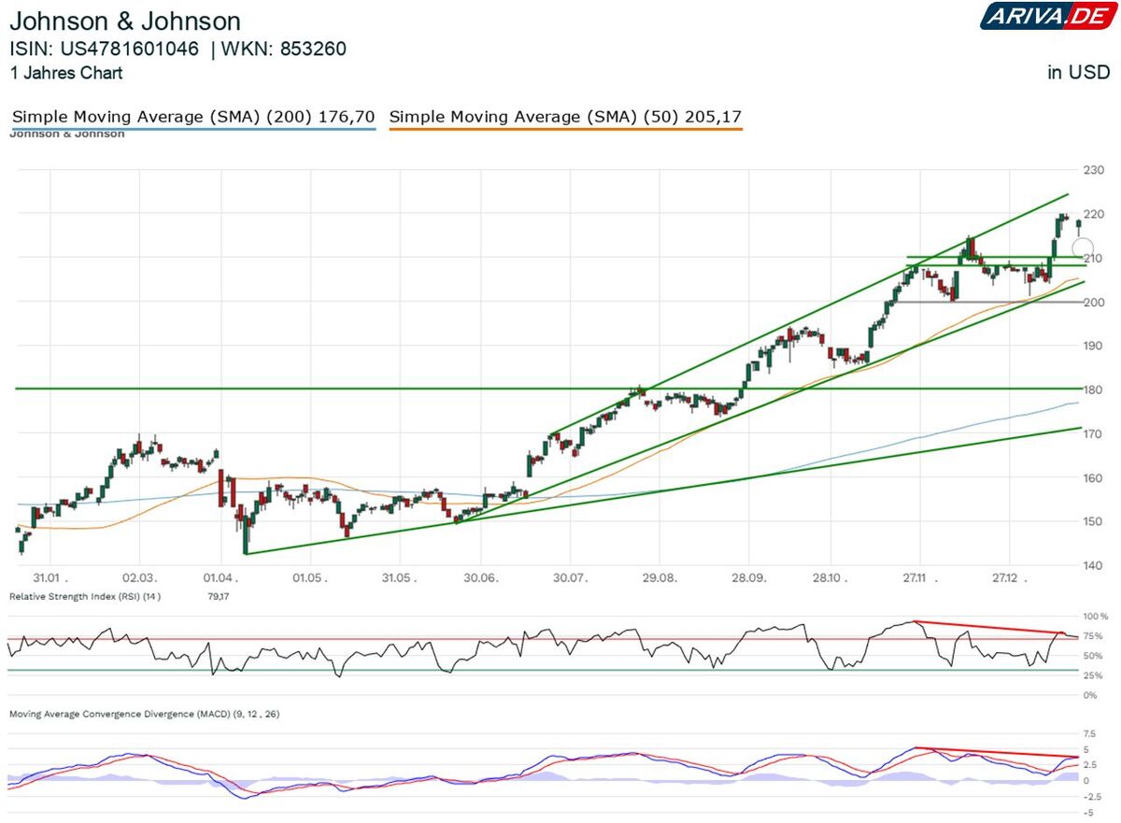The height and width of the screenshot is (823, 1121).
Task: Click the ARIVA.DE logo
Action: coord(1044,16)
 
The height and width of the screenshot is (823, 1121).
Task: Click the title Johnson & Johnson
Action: coord(125,21)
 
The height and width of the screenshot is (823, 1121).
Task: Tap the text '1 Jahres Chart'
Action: coord(65,73)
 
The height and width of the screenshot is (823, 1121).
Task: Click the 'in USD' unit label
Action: coord(1078,73)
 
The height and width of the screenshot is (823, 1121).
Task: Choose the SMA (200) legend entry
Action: coord(193,117)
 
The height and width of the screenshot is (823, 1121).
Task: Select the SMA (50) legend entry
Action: coord(565,117)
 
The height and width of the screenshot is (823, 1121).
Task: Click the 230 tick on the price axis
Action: coord(1093,170)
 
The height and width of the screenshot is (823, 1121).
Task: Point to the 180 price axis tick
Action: coord(1093,390)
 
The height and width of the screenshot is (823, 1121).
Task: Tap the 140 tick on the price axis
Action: coord(1093,565)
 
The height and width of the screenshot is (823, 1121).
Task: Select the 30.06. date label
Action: coord(481,579)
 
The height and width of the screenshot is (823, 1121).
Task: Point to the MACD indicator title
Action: coord(144,714)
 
